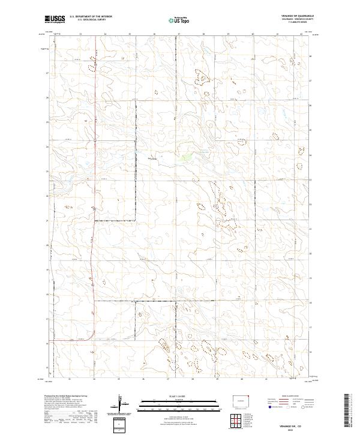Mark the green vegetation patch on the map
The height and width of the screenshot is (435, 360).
(x=186, y=158)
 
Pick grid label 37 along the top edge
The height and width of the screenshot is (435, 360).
(x=179, y=34)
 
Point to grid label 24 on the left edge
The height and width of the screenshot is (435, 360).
(x=48, y=146)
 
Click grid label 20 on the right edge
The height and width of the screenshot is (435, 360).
(x=310, y=245)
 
